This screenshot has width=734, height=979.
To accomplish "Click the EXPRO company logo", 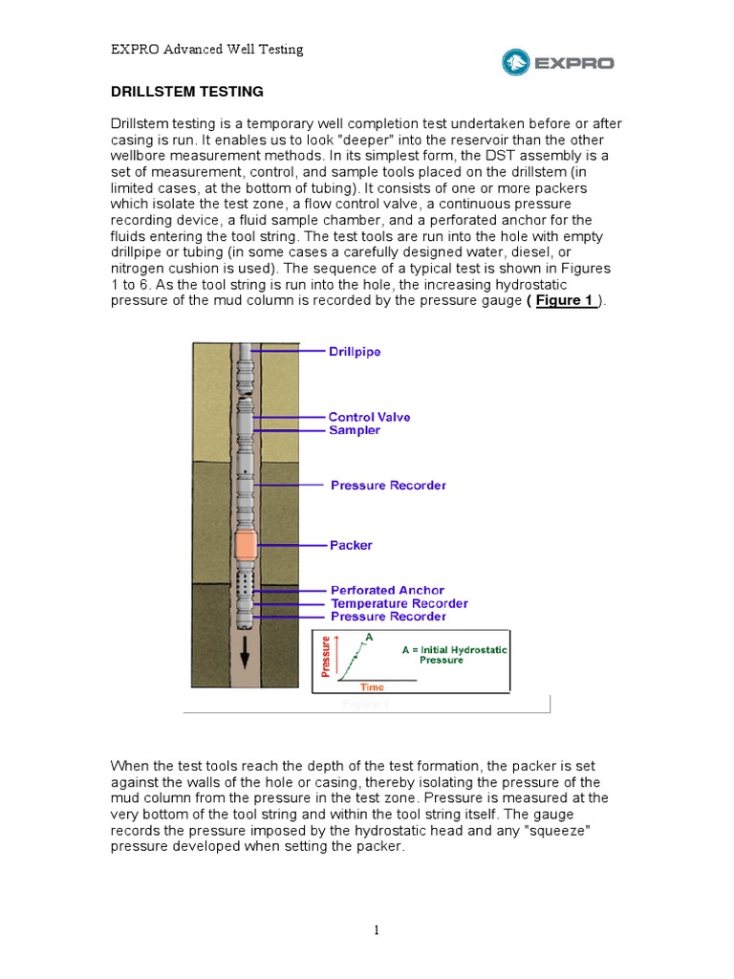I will (558, 63).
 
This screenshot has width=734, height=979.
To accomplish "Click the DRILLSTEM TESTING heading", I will (186, 92).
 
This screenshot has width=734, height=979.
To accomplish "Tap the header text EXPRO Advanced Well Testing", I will (206, 49).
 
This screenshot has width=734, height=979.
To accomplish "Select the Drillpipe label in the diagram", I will (355, 352).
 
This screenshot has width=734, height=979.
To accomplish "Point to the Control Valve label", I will (368, 417).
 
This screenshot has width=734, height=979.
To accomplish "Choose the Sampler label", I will (354, 430).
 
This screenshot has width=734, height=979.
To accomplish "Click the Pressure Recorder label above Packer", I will (388, 486).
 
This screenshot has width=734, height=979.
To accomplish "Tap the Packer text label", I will (351, 545).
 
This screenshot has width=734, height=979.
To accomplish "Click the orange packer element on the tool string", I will (246, 546).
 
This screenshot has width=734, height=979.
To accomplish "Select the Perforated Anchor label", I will (387, 591).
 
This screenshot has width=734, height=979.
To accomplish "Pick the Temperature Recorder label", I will (399, 603).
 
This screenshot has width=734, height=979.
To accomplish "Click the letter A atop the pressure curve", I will (369, 636).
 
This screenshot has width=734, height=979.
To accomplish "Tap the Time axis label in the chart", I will (372, 686).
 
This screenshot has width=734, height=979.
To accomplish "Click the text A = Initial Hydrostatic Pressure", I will (454, 654).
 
